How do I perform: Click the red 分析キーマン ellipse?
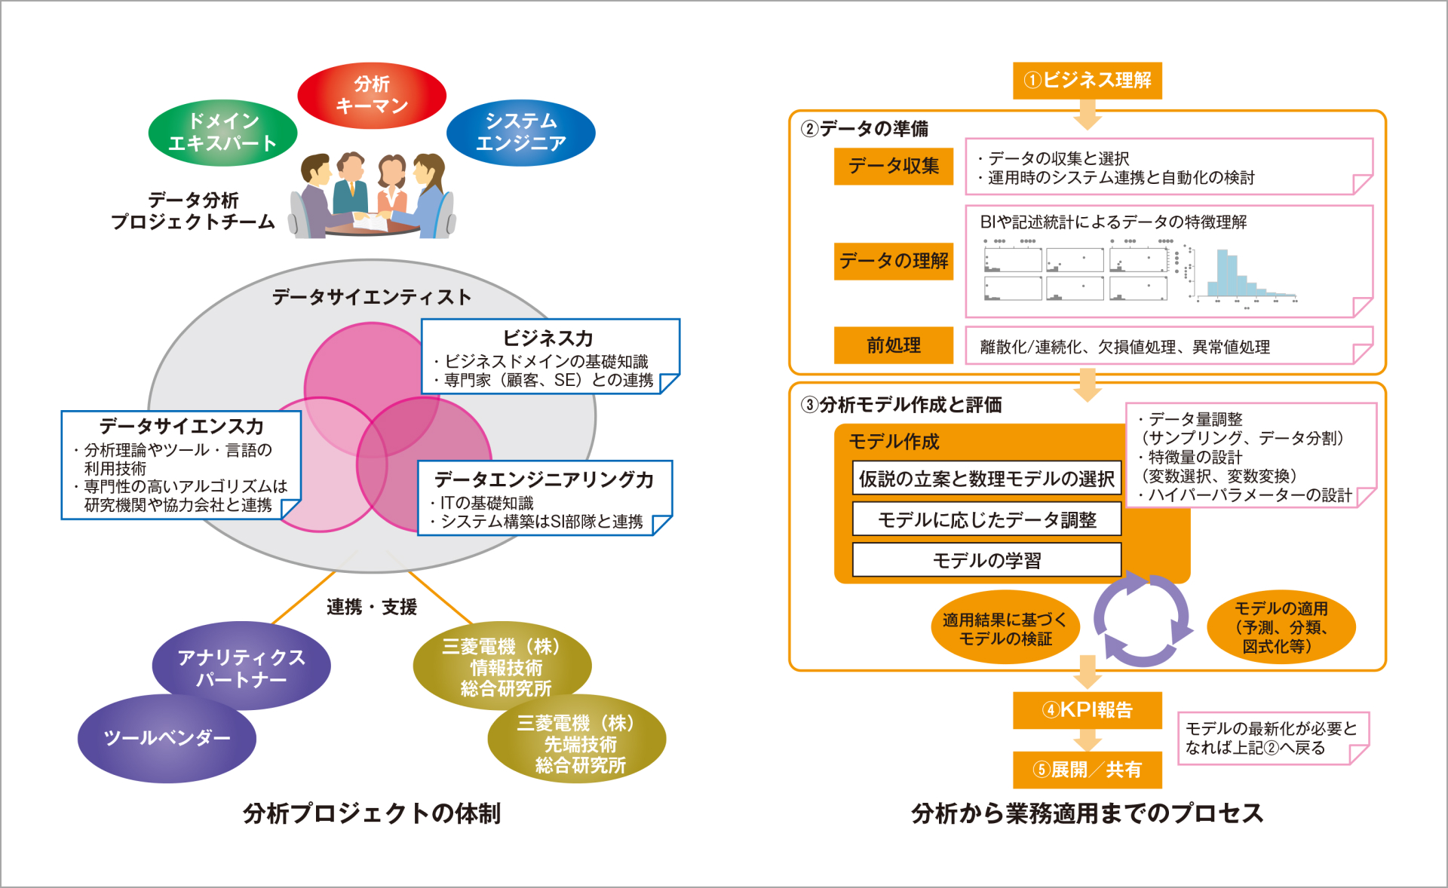pyautogui.click(x=372, y=96)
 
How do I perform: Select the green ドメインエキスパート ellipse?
pyautogui.click(x=222, y=133)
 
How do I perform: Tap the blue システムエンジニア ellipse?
pyautogui.click(x=521, y=133)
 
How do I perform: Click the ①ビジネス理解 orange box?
pyautogui.click(x=1087, y=81)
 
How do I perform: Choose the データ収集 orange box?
pyautogui.click(x=893, y=166)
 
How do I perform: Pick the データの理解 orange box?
pyautogui.click(x=893, y=261)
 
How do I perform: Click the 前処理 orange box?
pyautogui.click(x=893, y=345)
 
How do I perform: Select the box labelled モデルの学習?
pyautogui.click(x=986, y=560)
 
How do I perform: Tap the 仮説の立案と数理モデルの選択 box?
pyautogui.click(x=986, y=479)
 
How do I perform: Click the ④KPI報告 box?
pyautogui.click(x=1087, y=710)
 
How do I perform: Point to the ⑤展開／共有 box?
pyautogui.click(x=1087, y=770)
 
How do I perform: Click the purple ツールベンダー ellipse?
pyautogui.click(x=167, y=739)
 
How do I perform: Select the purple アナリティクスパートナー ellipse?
pyautogui.click(x=241, y=666)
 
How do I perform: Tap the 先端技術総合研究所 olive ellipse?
pyautogui.click(x=578, y=743)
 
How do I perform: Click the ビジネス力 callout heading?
pyautogui.click(x=548, y=338)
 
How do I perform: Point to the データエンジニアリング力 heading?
pyautogui.click(x=544, y=479)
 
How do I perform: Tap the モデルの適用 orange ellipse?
pyautogui.click(x=1281, y=627)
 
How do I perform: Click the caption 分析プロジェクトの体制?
pyautogui.click(x=371, y=813)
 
